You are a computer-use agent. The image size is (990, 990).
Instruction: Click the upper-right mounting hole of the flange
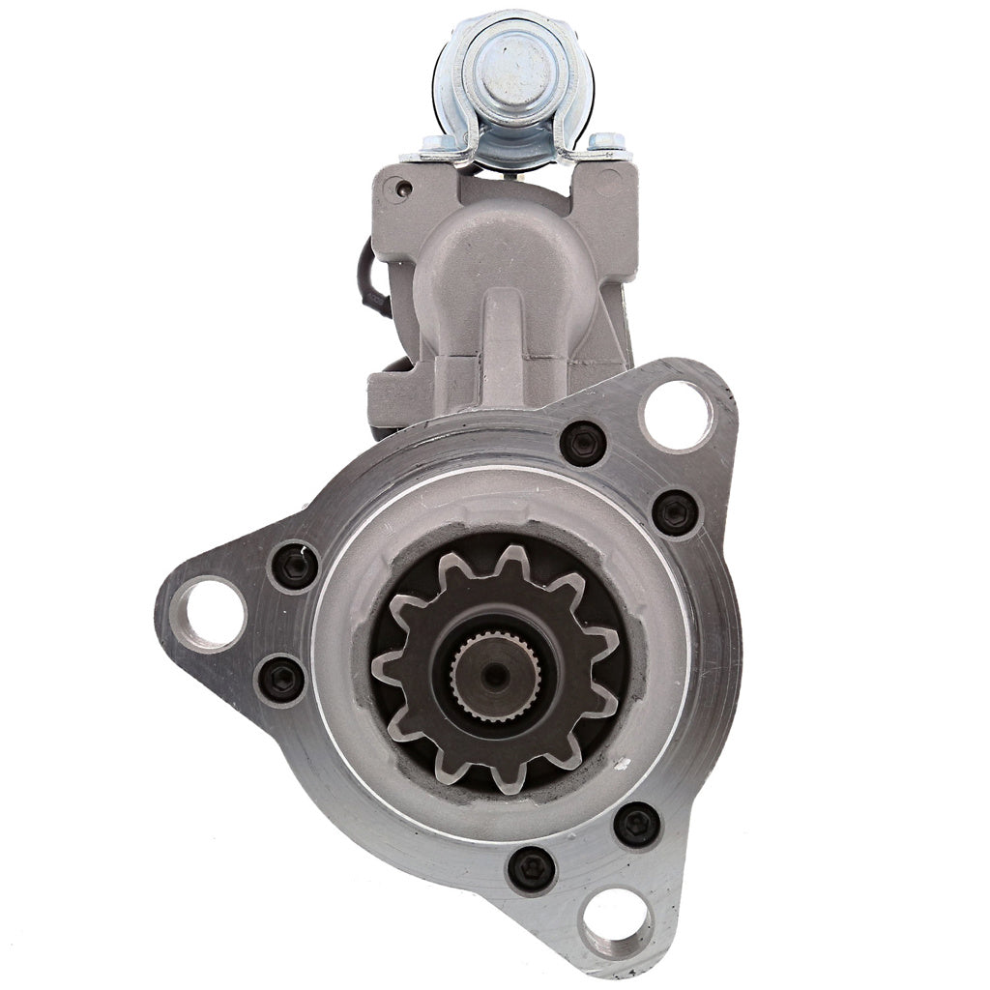tap(677, 416)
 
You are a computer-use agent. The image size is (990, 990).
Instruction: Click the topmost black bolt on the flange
tap(583, 444)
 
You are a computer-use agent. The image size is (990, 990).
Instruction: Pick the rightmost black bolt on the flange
tap(675, 512)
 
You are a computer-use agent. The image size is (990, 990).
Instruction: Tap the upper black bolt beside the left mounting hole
tap(295, 567)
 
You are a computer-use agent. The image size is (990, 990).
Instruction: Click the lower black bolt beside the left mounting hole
tap(282, 679)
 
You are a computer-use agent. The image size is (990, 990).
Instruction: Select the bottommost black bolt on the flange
tap(532, 868)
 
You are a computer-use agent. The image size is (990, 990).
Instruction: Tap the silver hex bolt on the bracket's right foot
tap(604, 142)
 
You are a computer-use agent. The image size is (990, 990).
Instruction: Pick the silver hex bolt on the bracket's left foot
tap(428, 145)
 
